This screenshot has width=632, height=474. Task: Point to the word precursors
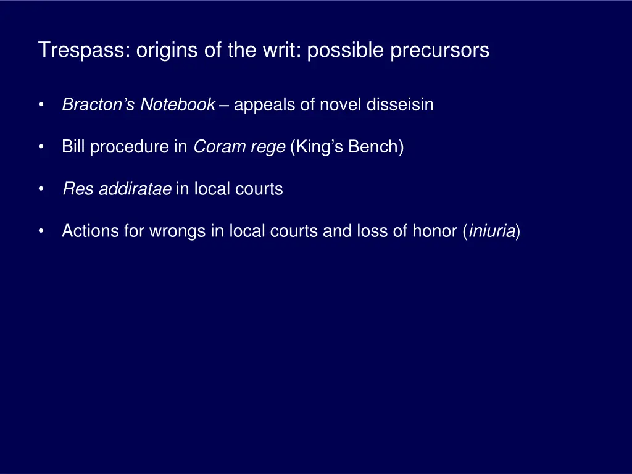click(439, 50)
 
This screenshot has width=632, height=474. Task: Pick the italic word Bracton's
click(99, 105)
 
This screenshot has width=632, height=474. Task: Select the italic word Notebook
click(178, 105)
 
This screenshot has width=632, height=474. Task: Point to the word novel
click(341, 105)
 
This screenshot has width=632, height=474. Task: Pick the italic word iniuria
click(492, 231)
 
